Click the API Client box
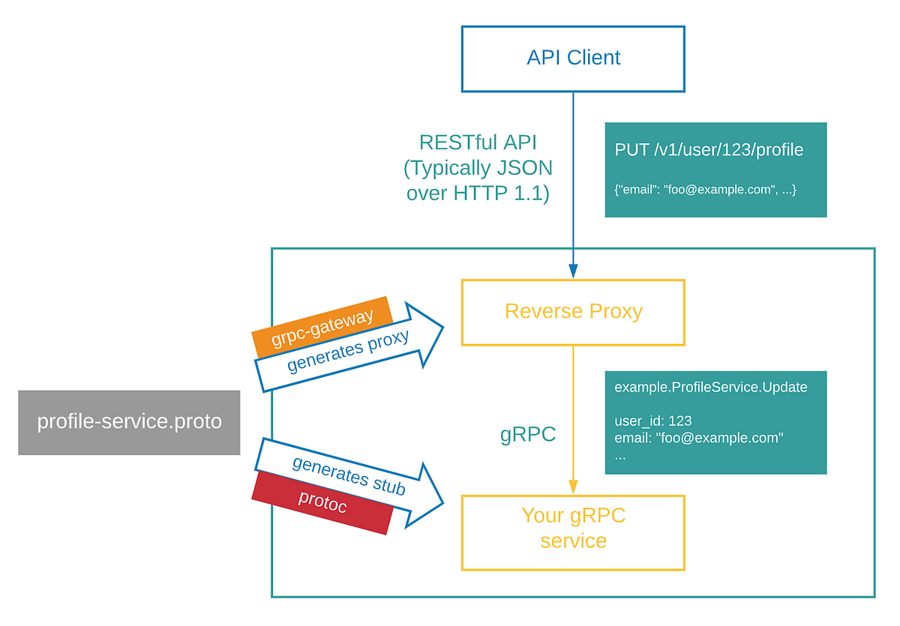pyautogui.click(x=573, y=58)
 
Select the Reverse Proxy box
pyautogui.click(x=573, y=312)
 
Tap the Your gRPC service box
pyautogui.click(x=573, y=528)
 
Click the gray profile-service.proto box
pyautogui.click(x=129, y=422)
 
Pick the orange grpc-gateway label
pyautogui.click(x=322, y=328)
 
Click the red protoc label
pyautogui.click(x=322, y=502)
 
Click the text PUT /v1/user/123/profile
pyautogui.click(x=709, y=150)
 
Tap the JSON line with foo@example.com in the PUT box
pyautogui.click(x=705, y=190)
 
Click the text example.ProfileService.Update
pyautogui.click(x=710, y=388)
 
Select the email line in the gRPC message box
pyautogui.click(x=698, y=438)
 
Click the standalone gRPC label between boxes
pyautogui.click(x=528, y=435)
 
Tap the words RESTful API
pyautogui.click(x=478, y=142)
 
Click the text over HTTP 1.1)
pyautogui.click(x=478, y=193)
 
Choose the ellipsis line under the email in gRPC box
pyautogui.click(x=619, y=455)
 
